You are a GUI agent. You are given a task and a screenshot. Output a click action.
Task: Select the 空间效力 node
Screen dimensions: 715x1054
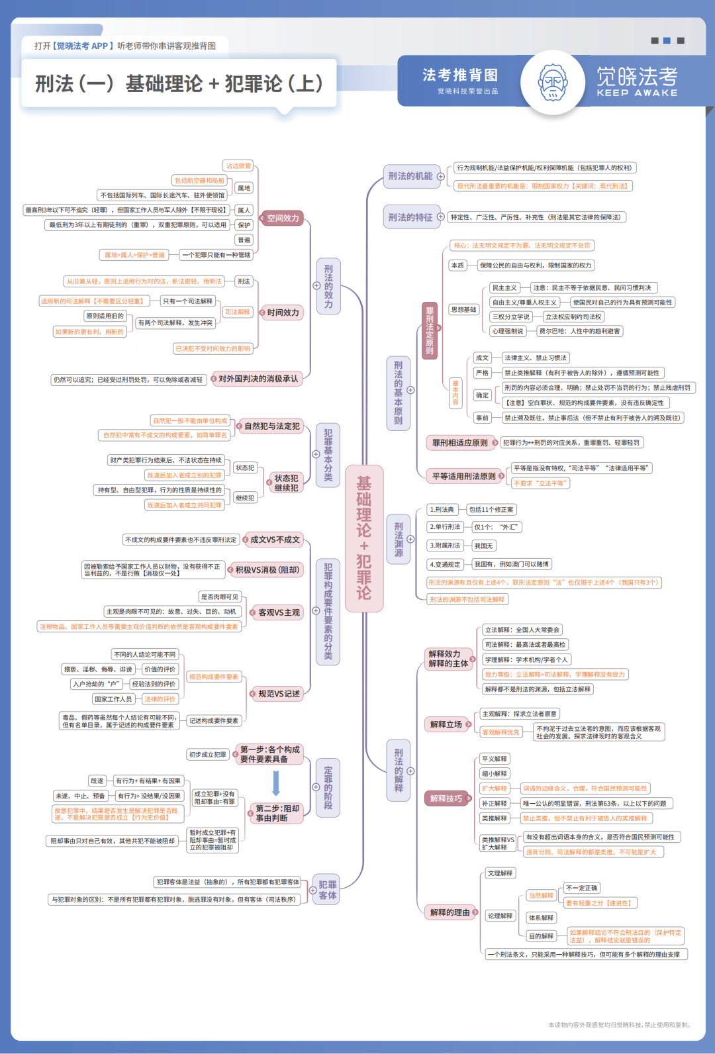point(283,218)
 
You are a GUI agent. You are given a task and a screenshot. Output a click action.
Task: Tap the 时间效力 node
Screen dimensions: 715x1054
point(283,312)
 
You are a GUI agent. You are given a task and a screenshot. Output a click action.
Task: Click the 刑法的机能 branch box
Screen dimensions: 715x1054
point(410,176)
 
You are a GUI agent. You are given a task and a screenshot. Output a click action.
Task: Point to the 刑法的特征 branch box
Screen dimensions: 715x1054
point(410,217)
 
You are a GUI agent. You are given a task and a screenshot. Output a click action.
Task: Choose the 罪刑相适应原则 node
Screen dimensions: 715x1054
point(460,443)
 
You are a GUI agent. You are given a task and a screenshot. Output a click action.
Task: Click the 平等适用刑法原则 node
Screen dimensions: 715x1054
point(463,476)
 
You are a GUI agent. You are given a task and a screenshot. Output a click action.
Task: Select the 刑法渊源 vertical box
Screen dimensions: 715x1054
point(399,540)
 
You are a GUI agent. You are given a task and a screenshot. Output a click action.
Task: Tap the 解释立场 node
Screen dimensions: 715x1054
point(446,724)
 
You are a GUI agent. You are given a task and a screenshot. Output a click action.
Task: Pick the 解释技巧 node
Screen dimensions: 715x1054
point(446,798)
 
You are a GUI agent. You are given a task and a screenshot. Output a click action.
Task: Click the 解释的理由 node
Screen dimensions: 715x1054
point(450,912)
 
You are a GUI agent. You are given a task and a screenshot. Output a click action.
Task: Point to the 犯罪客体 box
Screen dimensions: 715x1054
point(328,890)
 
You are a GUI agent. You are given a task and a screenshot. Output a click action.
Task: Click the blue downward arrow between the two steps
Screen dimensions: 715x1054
point(276,783)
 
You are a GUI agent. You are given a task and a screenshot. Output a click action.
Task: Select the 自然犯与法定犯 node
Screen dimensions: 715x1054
point(272,426)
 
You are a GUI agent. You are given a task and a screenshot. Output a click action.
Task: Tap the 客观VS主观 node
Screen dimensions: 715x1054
point(279,612)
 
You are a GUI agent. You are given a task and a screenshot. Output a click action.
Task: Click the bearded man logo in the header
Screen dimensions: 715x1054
point(553,83)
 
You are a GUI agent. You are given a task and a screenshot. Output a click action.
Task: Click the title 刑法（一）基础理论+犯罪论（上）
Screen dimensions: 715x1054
point(179,84)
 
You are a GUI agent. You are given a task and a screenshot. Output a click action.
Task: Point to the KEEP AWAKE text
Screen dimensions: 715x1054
point(637,93)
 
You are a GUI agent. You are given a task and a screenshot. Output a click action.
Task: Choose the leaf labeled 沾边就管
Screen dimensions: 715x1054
point(238,166)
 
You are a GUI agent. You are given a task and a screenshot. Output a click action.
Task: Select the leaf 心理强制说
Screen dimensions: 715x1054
point(508,331)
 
